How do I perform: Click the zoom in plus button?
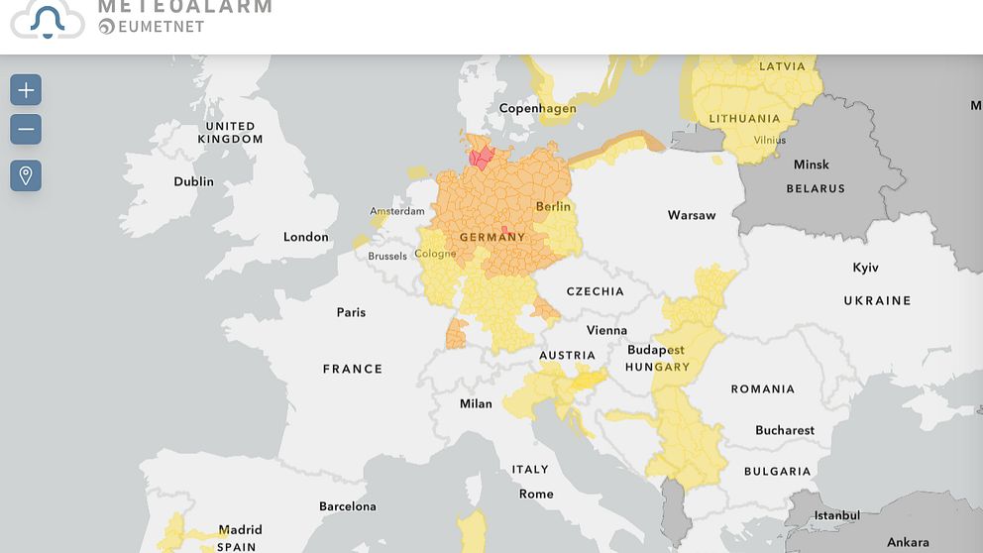tap(26, 90)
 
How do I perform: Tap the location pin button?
tap(26, 176)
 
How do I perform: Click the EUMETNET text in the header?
tap(161, 27)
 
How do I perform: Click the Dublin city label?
tap(193, 181)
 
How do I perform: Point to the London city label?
tap(305, 237)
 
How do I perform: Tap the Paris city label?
tap(351, 312)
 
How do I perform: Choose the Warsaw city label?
tap(691, 215)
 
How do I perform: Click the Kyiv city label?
tap(865, 268)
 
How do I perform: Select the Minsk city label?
tap(811, 165)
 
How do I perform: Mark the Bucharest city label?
tap(785, 430)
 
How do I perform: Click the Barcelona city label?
tap(347, 506)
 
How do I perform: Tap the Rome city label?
tap(536, 494)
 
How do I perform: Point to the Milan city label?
tap(476, 403)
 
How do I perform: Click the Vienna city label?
tap(606, 330)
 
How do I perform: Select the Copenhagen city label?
tap(537, 108)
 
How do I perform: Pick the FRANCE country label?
tap(352, 369)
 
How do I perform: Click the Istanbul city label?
tap(837, 515)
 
